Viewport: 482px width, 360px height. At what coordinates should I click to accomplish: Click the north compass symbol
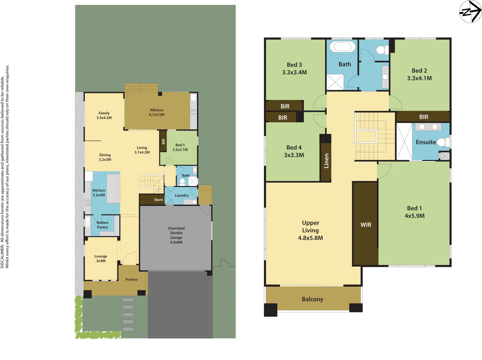(x=470, y=12)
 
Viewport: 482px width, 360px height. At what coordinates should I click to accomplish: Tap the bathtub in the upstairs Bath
(x=342, y=46)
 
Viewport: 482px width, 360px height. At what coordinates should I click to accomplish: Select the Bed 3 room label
(x=294, y=65)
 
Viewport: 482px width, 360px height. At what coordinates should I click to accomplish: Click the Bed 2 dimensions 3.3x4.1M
(x=419, y=78)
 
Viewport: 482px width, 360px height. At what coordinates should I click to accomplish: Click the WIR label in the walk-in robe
(x=366, y=225)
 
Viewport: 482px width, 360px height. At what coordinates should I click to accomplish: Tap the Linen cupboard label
(x=326, y=161)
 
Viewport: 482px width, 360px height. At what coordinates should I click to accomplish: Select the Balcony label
(x=312, y=299)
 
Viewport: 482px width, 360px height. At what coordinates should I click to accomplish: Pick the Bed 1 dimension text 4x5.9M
(x=414, y=216)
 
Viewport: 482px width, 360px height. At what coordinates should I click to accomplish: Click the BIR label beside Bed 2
(x=424, y=117)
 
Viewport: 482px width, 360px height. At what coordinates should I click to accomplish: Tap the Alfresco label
(x=157, y=110)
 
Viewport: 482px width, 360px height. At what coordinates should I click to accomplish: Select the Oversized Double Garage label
(x=176, y=233)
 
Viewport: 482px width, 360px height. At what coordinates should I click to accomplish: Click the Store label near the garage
(x=158, y=200)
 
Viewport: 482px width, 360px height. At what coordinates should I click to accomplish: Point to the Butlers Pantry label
(x=102, y=225)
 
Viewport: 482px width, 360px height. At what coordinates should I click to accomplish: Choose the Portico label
(x=131, y=280)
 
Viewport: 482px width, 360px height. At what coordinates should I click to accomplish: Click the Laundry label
(x=182, y=196)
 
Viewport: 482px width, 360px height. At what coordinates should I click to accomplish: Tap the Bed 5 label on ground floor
(x=180, y=145)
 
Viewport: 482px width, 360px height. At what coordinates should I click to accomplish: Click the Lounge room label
(x=101, y=256)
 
